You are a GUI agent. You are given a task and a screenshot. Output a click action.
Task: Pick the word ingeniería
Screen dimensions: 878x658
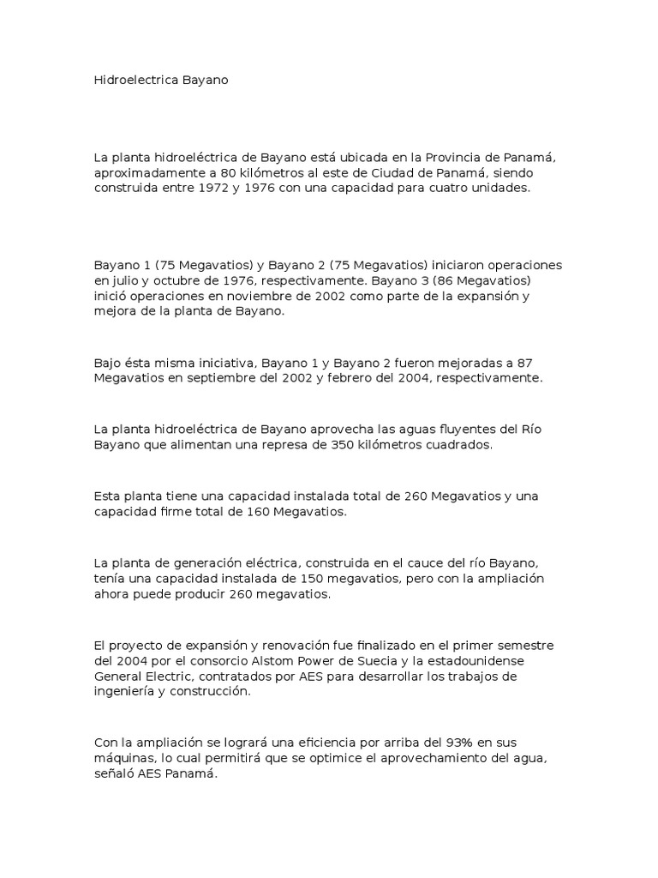pos(126,692)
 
